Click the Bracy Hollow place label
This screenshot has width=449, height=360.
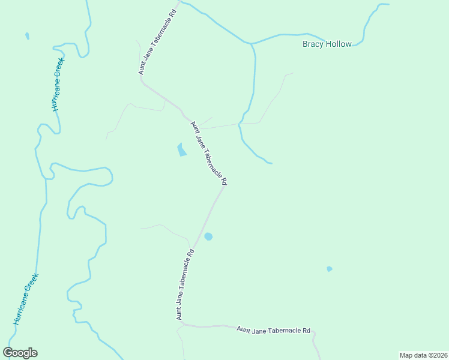[327, 44]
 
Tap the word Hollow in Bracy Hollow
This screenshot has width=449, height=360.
[338, 44]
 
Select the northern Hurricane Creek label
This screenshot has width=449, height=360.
[57, 85]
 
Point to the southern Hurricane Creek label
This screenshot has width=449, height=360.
[26, 299]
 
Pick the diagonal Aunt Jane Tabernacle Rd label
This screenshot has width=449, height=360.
[209, 153]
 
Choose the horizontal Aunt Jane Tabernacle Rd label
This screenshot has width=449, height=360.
[274, 330]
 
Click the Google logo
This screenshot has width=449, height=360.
[20, 353]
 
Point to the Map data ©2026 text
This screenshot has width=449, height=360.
[423, 355]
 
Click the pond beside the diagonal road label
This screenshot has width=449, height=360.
[181, 149]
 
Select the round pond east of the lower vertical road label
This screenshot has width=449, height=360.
[208, 236]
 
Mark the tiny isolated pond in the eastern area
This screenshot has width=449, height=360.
[329, 269]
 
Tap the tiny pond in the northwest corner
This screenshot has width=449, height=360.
[27, 37]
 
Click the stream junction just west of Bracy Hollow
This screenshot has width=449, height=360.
[252, 44]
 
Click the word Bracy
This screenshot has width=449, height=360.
[313, 44]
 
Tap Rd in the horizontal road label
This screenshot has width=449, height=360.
[306, 331]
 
